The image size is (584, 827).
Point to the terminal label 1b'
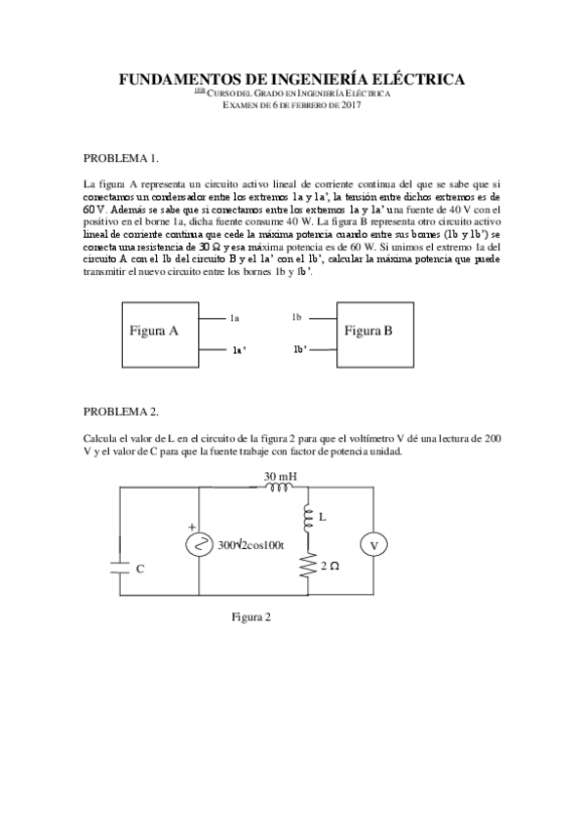coord(300,349)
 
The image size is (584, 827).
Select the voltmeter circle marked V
coord(373,545)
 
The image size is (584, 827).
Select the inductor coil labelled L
coord(307,518)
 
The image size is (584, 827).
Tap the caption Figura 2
coord(251,616)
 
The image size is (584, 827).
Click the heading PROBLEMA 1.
coord(121,158)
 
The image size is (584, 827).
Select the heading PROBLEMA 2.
coord(121,412)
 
